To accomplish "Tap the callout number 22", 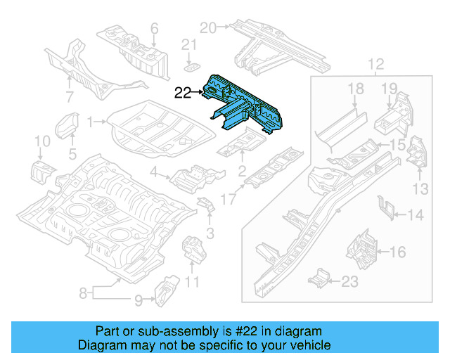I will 183,91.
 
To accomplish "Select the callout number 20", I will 207,28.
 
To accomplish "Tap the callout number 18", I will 356,88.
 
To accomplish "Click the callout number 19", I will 390,88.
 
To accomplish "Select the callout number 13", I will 420,188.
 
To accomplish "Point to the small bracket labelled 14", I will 385,205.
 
